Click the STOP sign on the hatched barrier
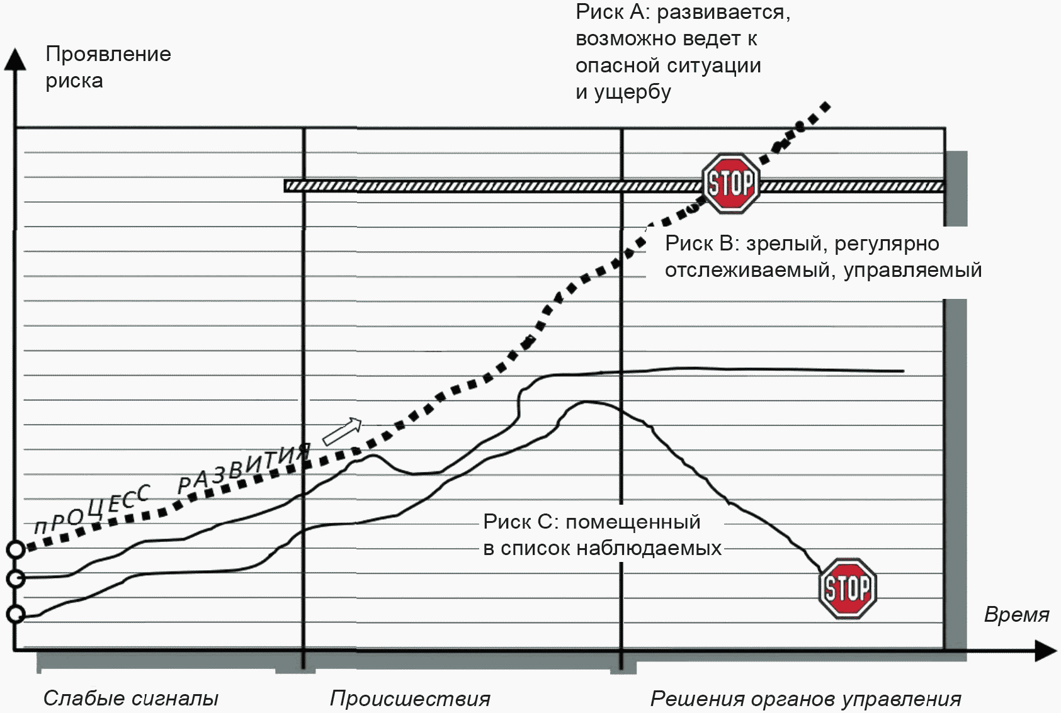tap(731, 184)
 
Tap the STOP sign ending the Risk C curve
tap(848, 588)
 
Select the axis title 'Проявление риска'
tap(108, 67)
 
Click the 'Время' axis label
tap(1016, 614)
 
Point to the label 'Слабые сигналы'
tap(130, 698)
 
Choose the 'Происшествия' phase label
tap(410, 698)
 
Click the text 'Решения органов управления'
tap(805, 698)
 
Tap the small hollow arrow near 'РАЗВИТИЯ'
tap(342, 431)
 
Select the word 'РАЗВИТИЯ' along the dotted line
tap(244, 468)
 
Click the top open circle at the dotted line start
tap(16, 549)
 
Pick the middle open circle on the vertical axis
tap(16, 578)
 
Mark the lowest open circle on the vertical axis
tap(16, 614)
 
